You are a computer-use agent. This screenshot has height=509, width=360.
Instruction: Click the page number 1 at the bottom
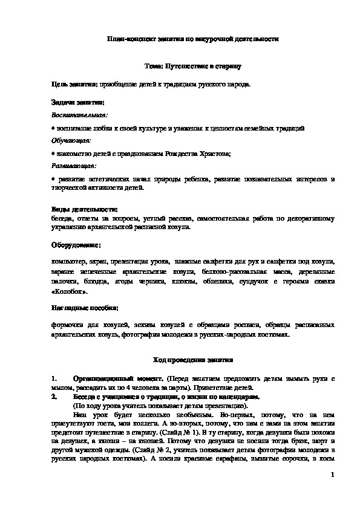coord(333,476)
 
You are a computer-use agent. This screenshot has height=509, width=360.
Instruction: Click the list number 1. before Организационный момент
coord(55,378)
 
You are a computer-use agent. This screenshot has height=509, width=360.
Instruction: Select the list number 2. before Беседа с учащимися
coord(55,397)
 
